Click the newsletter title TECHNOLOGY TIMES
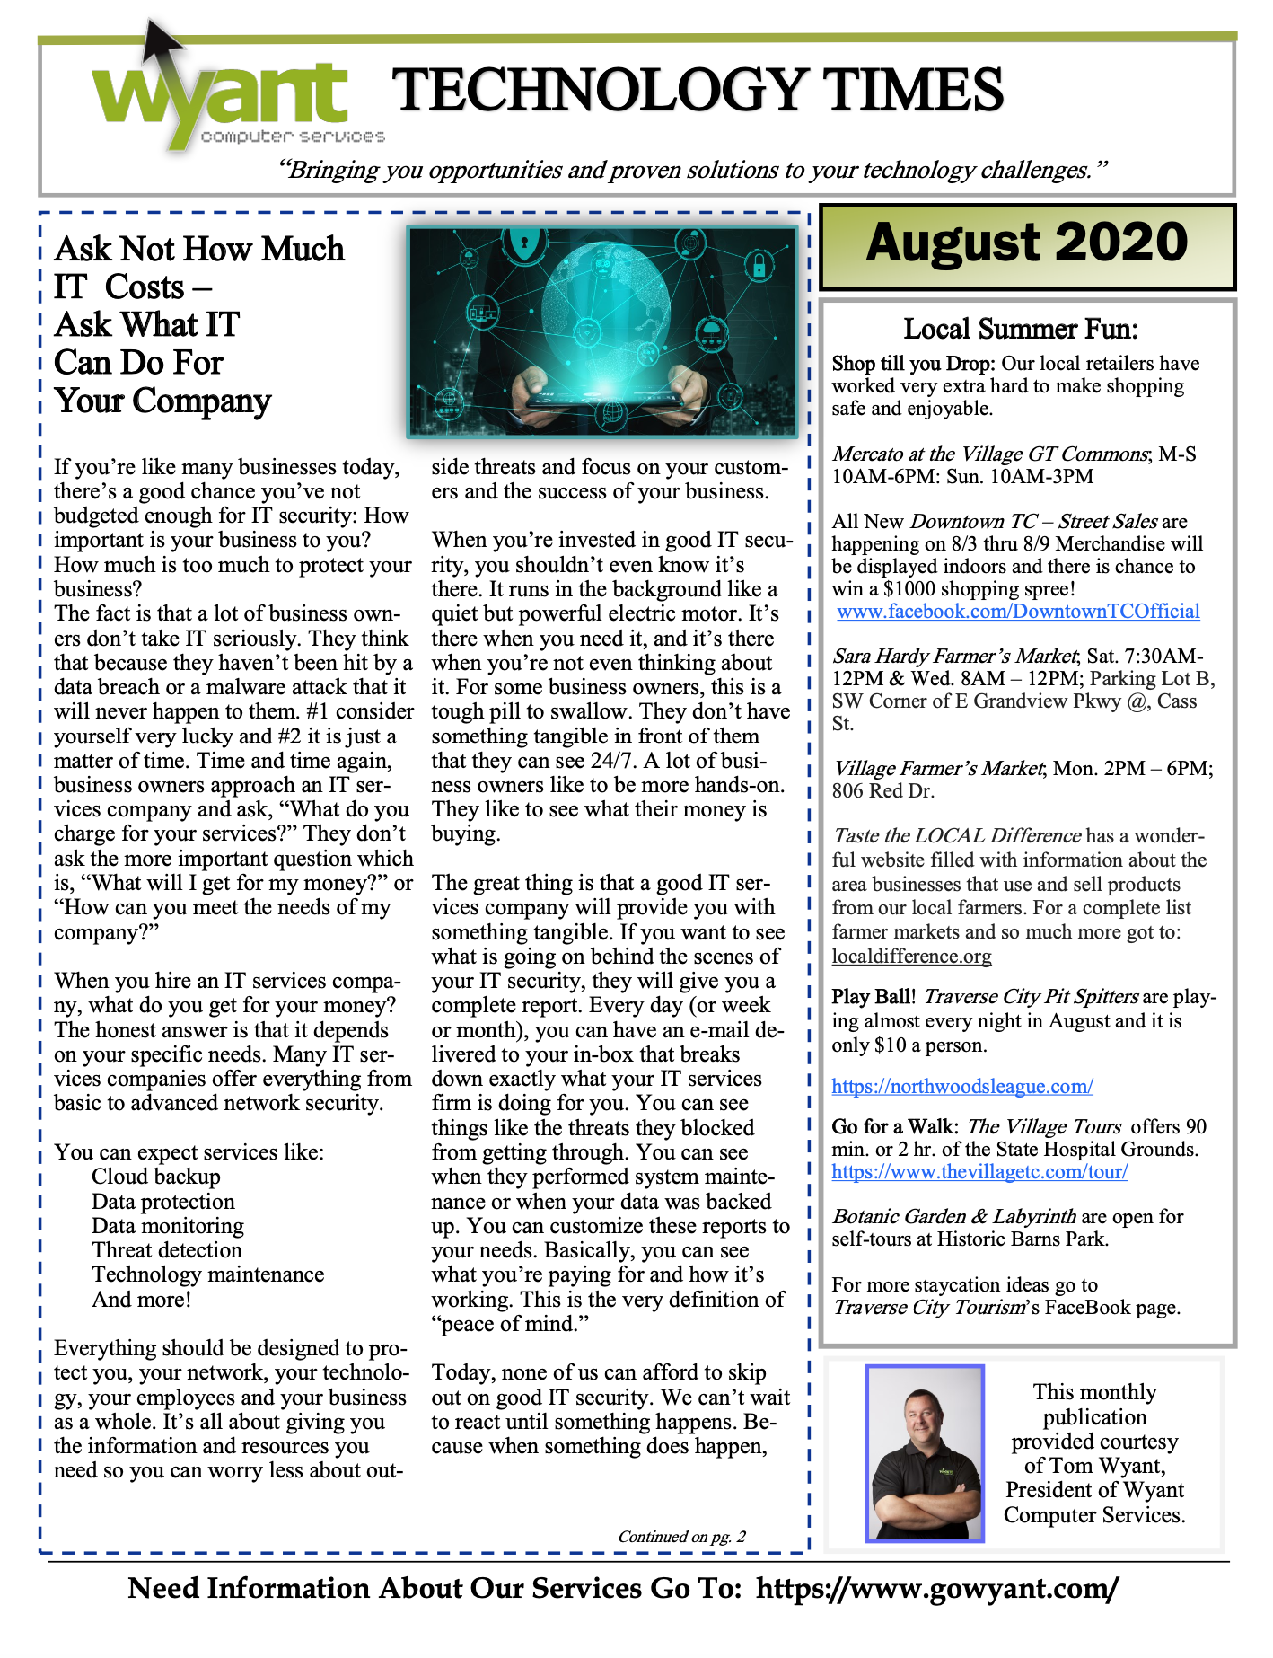click(x=698, y=90)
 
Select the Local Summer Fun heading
click(x=1020, y=330)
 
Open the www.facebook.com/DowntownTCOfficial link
click(x=1018, y=612)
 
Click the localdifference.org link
click(x=911, y=957)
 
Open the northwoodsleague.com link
click(x=961, y=1087)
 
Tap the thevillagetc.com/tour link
click(x=979, y=1172)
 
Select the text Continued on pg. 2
click(x=681, y=1537)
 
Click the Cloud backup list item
click(x=155, y=1177)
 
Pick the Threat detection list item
click(x=166, y=1251)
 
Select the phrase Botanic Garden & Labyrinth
click(x=953, y=1217)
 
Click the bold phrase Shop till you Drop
click(x=912, y=364)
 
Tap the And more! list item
click(x=141, y=1300)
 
